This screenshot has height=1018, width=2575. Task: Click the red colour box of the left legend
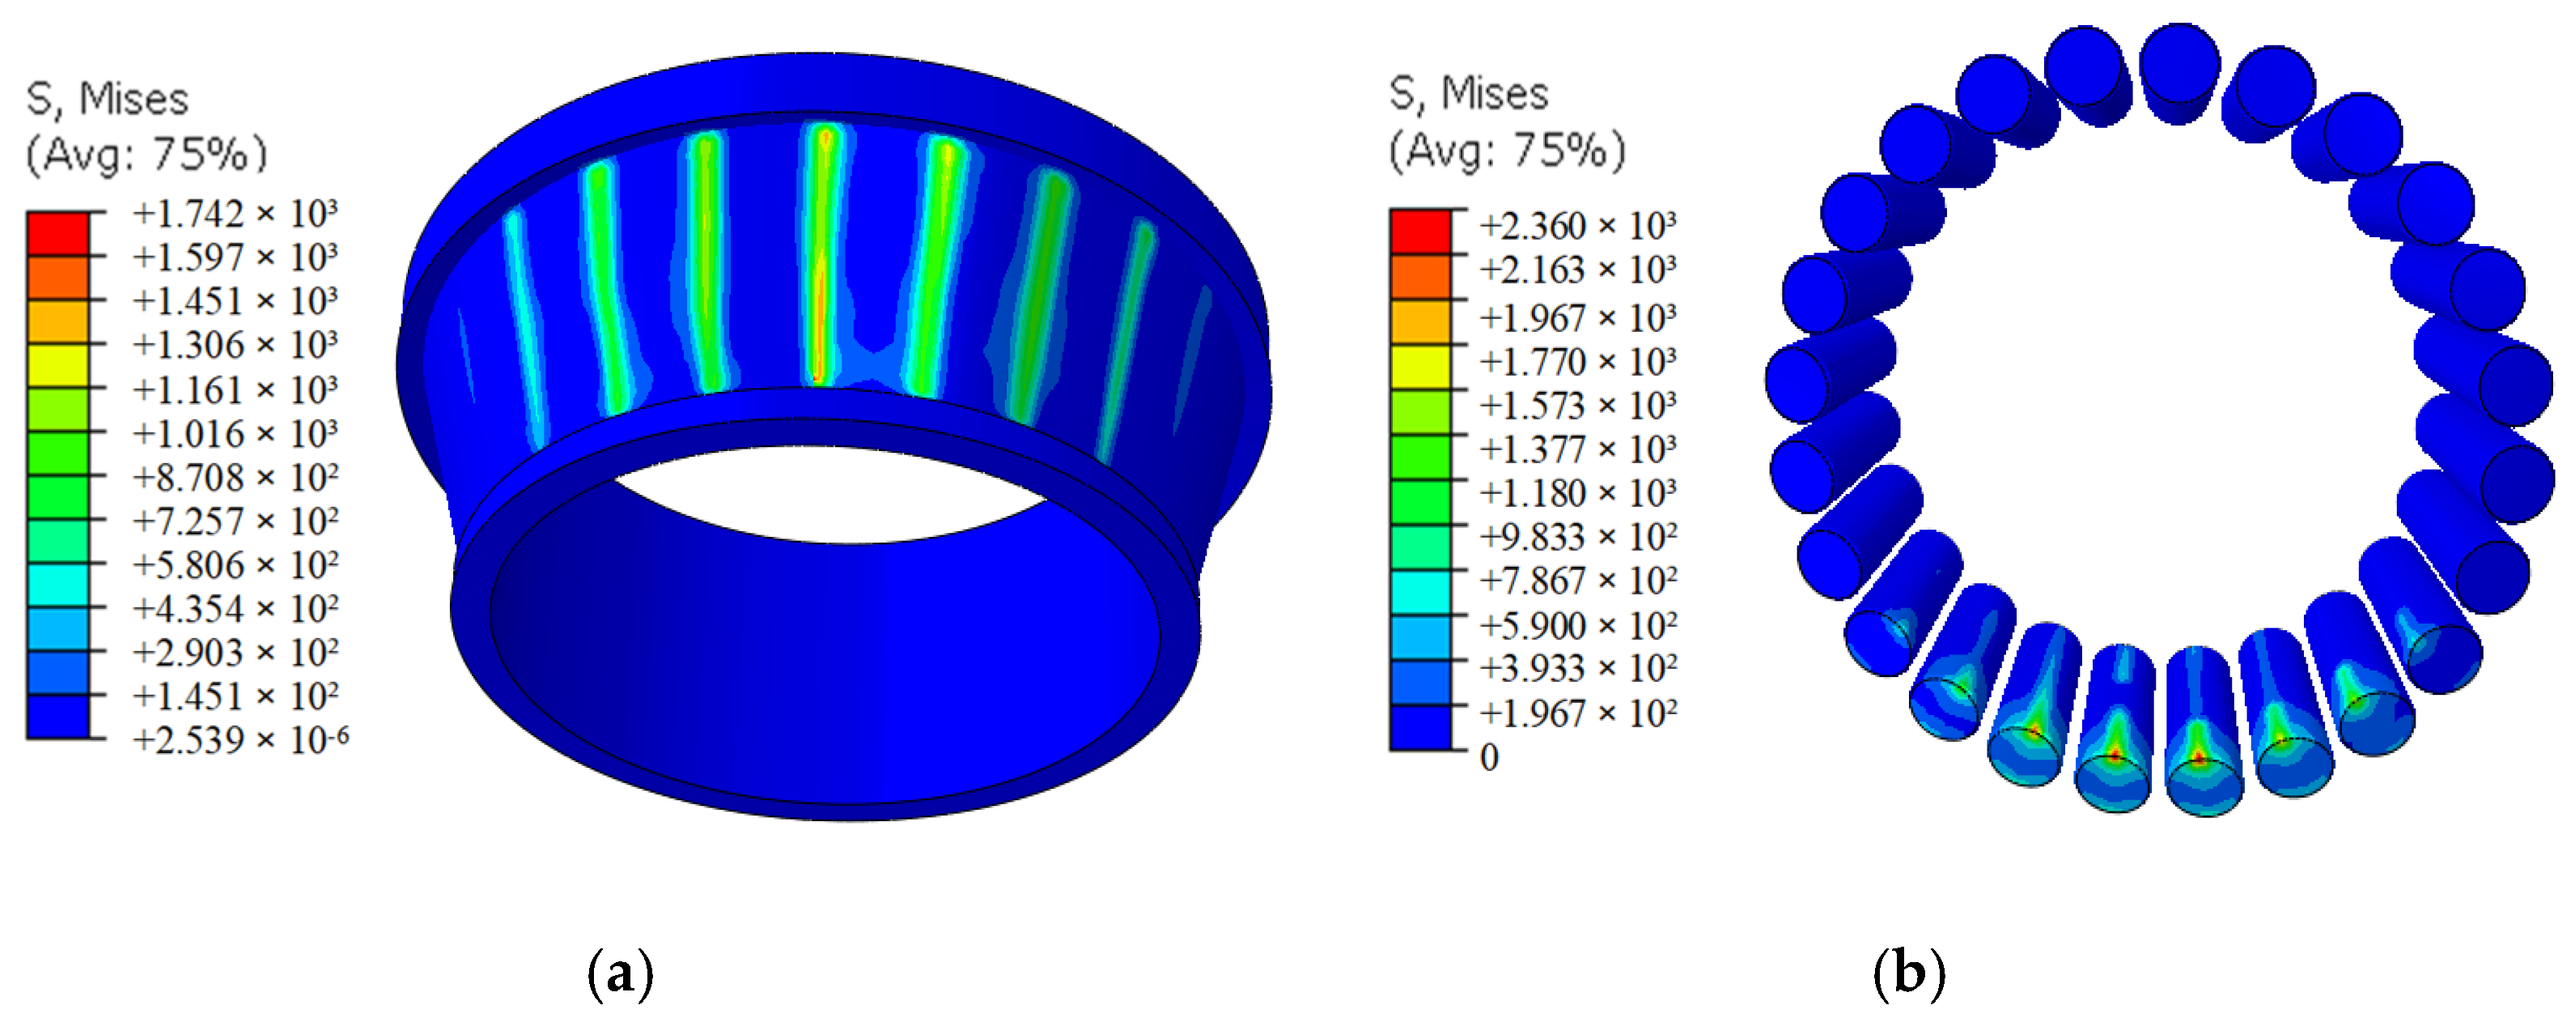pos(58,233)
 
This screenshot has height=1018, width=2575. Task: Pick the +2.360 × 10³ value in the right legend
pos(1577,226)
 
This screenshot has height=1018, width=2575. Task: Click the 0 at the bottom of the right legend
pos(1490,757)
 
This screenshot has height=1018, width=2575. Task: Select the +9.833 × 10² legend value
pos(1577,537)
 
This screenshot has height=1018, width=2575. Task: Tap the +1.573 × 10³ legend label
pos(1577,405)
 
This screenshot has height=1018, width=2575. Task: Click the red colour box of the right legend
pos(1420,232)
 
